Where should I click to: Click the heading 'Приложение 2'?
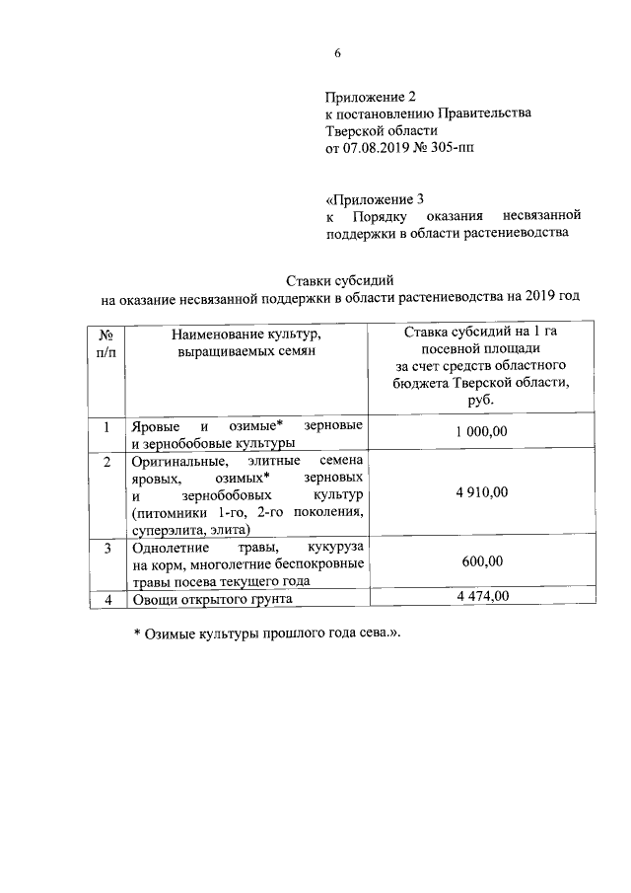[372, 97]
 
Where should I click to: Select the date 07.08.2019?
[376, 149]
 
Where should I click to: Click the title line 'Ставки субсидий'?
[339, 278]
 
